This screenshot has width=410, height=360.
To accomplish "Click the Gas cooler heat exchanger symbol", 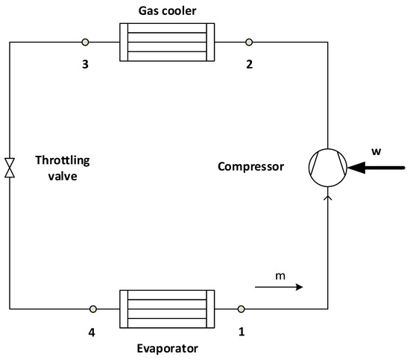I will tap(166, 42).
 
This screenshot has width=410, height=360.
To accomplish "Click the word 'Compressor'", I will tap(250, 167).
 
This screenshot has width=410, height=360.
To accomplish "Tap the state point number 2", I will tap(248, 64).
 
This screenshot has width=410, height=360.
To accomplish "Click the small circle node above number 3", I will tap(85, 42).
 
